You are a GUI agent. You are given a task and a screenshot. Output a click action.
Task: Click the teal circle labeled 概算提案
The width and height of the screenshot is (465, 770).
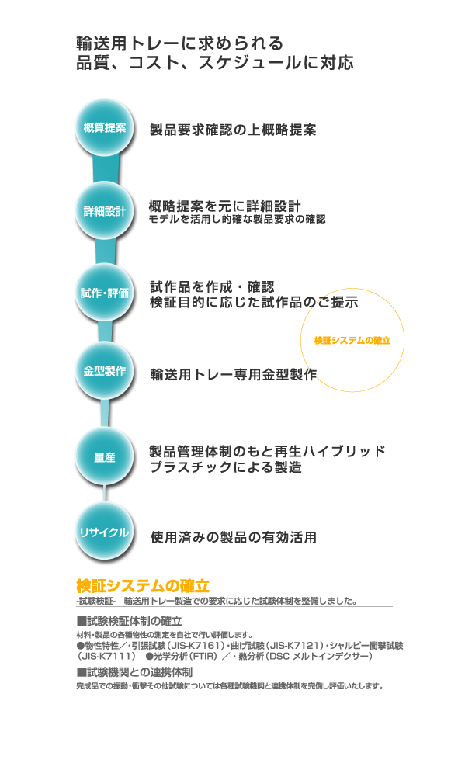[105, 128]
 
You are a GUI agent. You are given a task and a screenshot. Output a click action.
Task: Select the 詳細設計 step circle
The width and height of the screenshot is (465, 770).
[105, 211]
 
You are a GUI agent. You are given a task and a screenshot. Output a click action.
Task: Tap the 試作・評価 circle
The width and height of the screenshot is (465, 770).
[105, 293]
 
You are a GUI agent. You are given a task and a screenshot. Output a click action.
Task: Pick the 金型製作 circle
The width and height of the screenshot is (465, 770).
[105, 371]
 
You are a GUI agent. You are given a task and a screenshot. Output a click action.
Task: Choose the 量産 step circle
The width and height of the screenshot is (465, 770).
[105, 457]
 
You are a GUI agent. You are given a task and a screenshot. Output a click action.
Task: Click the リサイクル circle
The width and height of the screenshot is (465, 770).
[105, 532]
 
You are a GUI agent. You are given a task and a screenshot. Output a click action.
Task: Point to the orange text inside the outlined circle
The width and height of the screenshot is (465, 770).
[352, 340]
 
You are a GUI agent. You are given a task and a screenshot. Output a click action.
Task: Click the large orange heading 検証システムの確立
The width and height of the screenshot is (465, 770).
[143, 585]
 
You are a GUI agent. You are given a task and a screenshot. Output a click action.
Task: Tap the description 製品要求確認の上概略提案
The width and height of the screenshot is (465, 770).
[233, 130]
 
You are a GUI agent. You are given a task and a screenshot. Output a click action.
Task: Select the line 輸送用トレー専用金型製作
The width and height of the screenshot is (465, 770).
[234, 375]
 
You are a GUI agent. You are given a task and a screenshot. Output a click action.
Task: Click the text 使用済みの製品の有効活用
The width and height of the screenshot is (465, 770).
[234, 537]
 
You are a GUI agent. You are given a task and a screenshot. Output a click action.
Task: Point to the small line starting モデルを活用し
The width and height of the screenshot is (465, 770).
[238, 219]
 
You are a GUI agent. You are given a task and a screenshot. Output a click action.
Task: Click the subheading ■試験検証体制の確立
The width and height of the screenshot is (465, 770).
[129, 621]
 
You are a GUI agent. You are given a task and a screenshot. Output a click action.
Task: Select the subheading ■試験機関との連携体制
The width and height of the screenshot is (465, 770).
[134, 672]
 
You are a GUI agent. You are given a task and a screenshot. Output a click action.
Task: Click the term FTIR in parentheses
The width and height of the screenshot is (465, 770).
[196, 657]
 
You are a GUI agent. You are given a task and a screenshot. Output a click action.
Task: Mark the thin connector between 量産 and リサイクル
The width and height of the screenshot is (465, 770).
[105, 494]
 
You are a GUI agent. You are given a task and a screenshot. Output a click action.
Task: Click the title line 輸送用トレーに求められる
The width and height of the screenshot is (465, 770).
[180, 43]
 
